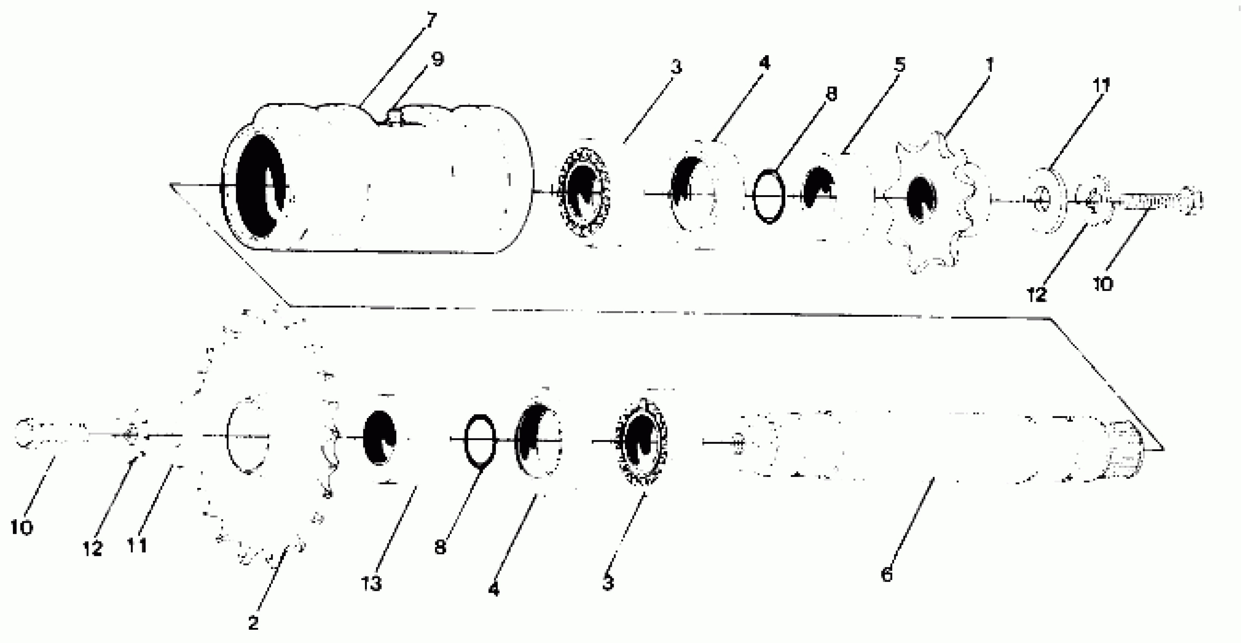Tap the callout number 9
click(437, 59)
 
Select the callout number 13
click(371, 584)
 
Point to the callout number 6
click(887, 574)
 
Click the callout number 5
click(900, 65)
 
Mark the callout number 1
click(989, 65)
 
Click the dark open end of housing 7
click(260, 186)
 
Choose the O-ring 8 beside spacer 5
click(769, 196)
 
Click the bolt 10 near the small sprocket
click(1161, 200)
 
